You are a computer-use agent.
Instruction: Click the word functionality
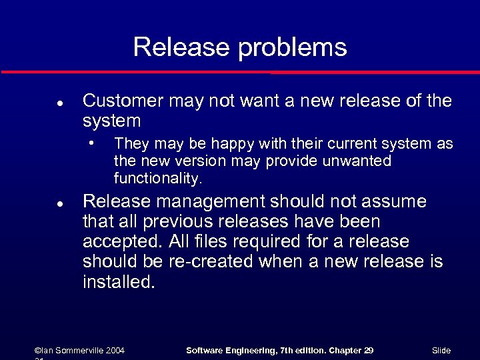[x=157, y=179]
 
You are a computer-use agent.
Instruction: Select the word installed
[x=118, y=282]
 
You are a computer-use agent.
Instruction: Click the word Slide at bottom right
[x=441, y=350]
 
